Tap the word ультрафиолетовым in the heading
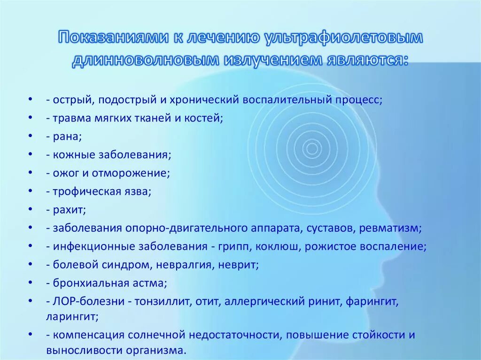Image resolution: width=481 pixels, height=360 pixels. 343,38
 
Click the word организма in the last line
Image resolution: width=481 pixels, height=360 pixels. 158,350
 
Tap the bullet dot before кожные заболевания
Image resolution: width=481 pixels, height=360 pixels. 30,154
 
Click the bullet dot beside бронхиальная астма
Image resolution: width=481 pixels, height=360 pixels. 30,283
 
